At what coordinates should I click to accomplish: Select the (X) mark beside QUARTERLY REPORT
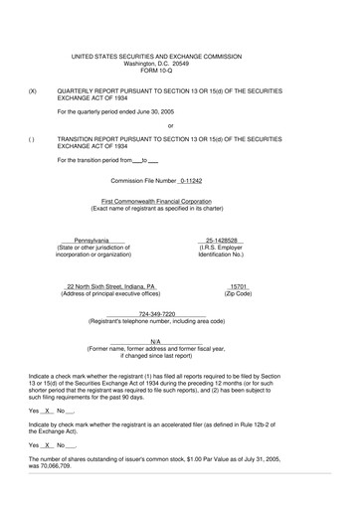(33, 89)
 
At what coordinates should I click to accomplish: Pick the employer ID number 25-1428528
(224, 240)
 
